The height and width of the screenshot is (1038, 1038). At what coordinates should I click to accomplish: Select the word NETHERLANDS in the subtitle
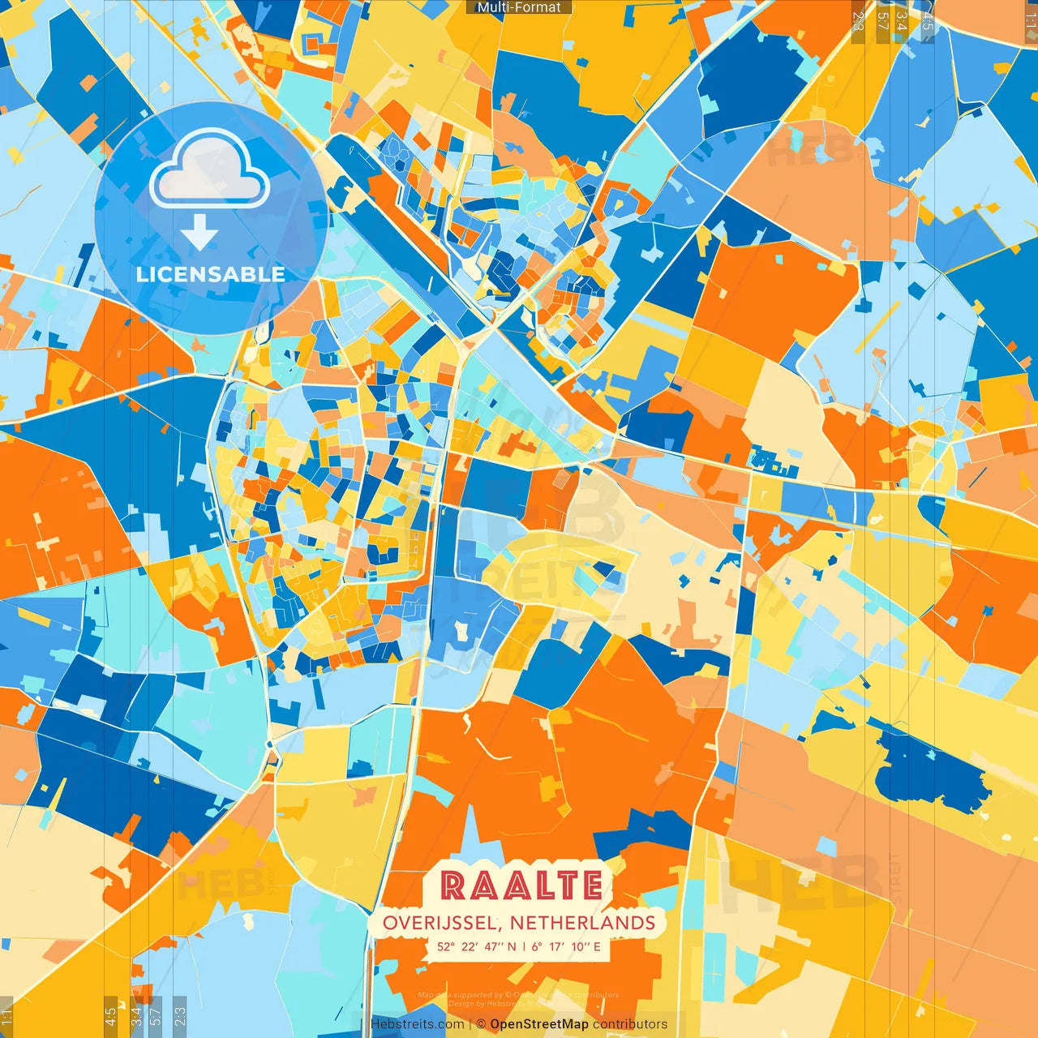582,923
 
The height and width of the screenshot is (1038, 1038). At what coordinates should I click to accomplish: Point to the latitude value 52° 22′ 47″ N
476,946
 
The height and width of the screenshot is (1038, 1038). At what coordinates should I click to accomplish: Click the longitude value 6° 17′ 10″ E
566,946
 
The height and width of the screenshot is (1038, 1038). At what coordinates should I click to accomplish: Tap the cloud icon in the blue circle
209,169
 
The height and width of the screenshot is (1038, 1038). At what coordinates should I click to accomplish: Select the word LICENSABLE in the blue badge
211,274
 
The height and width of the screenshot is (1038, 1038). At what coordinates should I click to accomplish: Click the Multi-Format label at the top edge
519,7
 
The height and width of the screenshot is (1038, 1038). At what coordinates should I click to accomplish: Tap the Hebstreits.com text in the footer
417,1024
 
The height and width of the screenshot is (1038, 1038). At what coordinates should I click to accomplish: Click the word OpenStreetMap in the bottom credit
539,1024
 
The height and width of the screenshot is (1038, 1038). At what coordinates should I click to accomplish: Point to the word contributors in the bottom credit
630,1024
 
